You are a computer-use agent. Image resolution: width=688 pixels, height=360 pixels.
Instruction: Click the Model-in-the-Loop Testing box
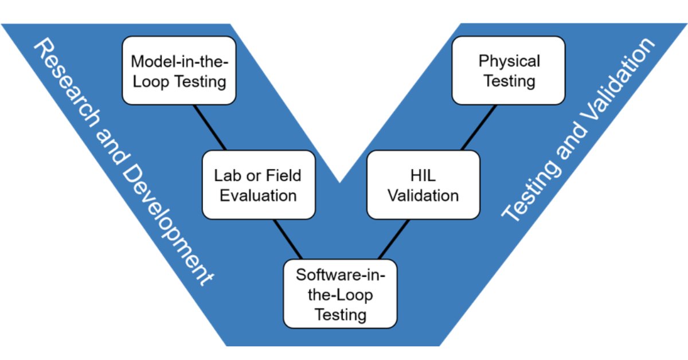(179, 71)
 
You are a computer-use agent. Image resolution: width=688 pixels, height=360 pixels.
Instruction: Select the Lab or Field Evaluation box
(259, 185)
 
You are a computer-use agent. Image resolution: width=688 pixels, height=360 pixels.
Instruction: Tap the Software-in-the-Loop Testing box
(340, 294)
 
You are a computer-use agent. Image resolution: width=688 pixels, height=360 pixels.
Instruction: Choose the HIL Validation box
(423, 185)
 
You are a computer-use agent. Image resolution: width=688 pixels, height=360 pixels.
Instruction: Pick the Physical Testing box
(509, 71)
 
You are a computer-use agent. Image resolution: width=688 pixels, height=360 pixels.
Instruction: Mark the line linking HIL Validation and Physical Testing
(479, 127)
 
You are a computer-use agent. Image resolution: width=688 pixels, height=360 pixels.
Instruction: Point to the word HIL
(423, 175)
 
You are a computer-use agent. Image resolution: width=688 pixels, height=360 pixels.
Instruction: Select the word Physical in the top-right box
(509, 60)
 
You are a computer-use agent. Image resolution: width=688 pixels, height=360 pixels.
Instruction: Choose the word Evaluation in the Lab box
(259, 195)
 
